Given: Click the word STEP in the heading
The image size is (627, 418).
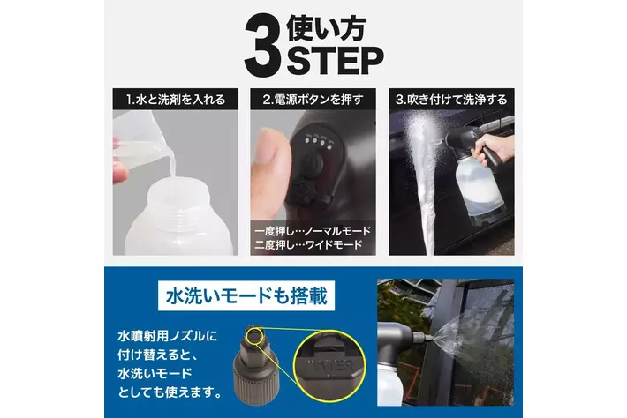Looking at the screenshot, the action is (335, 61).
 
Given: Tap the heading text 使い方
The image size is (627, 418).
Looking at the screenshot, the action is (326, 28).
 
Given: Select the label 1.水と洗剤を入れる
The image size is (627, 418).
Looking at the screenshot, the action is (176, 100).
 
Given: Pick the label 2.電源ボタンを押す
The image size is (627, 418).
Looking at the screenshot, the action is (313, 100).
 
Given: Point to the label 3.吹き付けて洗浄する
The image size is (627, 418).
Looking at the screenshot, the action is (451, 100).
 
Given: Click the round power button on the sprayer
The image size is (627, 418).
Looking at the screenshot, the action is (313, 164).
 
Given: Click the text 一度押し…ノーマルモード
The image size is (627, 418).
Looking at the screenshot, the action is (313, 231).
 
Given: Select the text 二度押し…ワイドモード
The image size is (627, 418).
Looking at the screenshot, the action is (308, 244).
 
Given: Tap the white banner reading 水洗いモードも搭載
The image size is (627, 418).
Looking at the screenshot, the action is (246, 296).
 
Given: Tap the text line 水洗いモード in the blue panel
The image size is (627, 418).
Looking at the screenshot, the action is (155, 373).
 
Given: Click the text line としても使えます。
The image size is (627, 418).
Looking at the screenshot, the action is (170, 392).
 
